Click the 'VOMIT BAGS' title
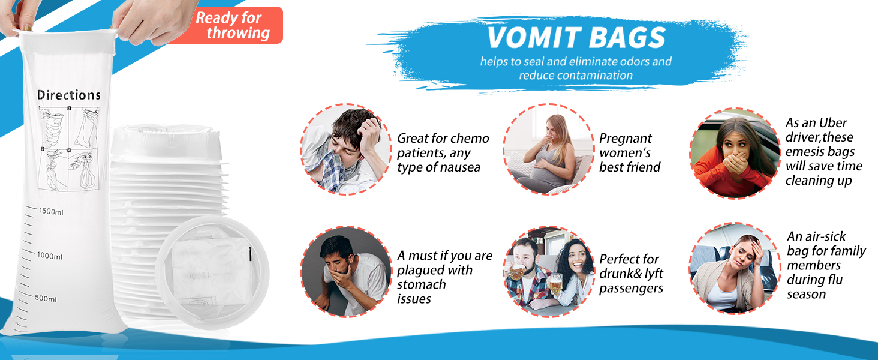pos(576,38)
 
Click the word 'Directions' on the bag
pos(69,95)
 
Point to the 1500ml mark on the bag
pos(51,211)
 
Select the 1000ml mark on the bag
pos(49,256)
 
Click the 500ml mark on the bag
pos(46,298)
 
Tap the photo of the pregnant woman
pos(549,149)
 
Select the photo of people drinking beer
pos(549,271)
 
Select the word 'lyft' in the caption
pos(654,274)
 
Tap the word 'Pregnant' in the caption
pos(626,139)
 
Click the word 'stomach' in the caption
pos(422,284)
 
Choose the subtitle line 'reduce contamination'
pos(576,75)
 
